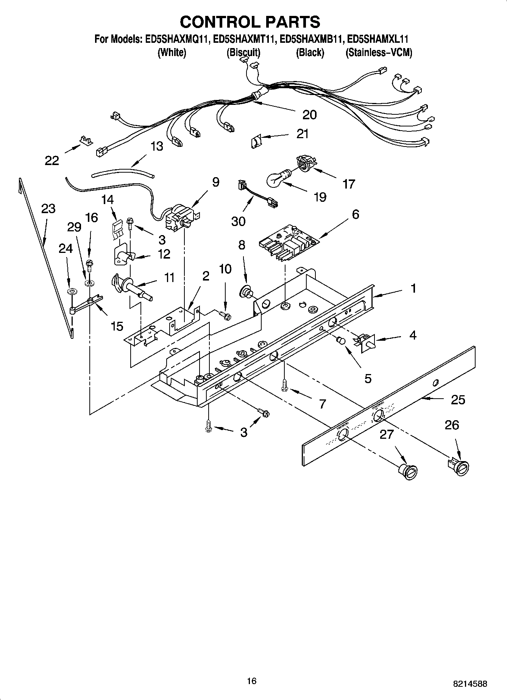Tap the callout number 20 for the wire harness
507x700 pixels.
(x=309, y=114)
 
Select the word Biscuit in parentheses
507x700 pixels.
(x=243, y=53)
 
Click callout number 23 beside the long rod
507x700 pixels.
(x=48, y=209)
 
